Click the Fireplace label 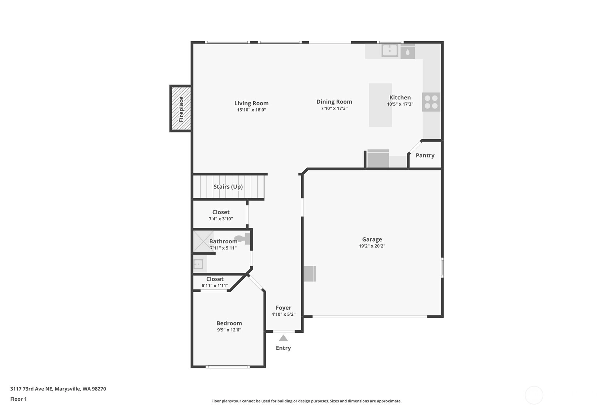181,109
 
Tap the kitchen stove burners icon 431,102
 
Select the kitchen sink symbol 390,50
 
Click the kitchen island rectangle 380,105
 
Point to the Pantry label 425,155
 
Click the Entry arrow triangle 283,338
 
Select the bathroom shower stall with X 203,241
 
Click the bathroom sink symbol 198,264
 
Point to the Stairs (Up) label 228,187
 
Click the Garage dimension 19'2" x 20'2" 372,246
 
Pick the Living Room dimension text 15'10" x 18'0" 251,110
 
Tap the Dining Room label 334,102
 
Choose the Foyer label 284,308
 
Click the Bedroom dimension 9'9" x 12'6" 229,330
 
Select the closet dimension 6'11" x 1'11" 215,286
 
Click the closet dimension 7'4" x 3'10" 221,219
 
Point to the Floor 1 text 18,399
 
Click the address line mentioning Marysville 58,389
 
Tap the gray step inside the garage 310,274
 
